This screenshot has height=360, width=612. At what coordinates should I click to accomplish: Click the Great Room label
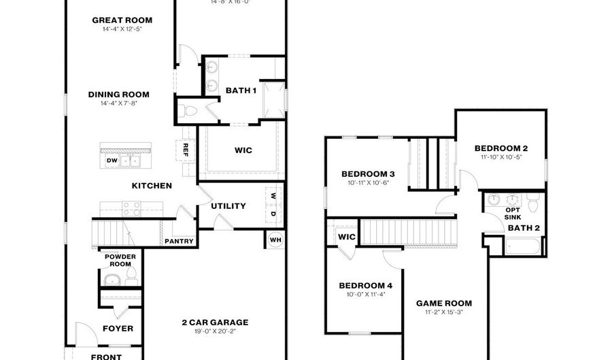click(x=122, y=20)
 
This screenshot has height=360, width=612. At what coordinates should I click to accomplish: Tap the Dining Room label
click(x=118, y=95)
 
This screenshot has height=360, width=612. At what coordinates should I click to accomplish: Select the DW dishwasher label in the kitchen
click(x=112, y=161)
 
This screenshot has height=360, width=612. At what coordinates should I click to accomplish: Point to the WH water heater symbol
click(x=275, y=240)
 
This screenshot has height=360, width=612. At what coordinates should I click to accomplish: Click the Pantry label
click(x=179, y=241)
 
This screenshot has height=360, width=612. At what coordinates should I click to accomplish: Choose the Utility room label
click(x=228, y=206)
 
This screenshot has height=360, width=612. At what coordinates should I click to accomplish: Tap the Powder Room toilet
click(x=131, y=275)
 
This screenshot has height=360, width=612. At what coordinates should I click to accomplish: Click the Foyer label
click(x=118, y=329)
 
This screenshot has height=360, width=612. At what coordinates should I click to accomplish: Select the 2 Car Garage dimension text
click(x=215, y=331)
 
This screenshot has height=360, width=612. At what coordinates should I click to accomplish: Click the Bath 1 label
click(x=241, y=91)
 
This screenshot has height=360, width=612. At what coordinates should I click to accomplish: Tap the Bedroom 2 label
click(x=501, y=148)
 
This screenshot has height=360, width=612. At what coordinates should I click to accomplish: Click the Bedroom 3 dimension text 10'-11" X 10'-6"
click(x=368, y=182)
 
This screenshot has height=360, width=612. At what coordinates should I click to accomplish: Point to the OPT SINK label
click(x=513, y=214)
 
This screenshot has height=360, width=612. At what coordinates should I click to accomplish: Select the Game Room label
click(x=444, y=304)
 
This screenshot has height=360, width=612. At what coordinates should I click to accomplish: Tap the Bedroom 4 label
click(x=365, y=285)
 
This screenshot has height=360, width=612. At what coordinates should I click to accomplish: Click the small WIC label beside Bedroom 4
click(x=347, y=237)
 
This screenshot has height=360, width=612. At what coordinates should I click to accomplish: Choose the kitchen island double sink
click(x=129, y=161)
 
